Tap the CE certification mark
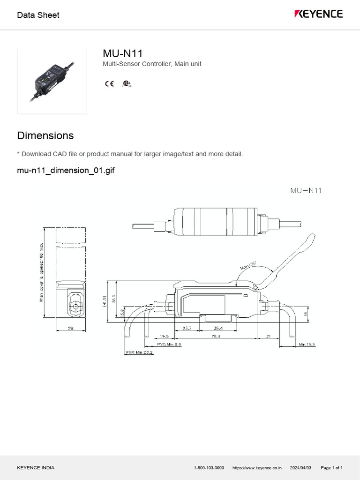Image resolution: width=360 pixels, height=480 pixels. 109,84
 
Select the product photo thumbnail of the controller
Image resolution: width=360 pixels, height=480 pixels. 52,81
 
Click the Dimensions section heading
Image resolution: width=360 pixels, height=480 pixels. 45,135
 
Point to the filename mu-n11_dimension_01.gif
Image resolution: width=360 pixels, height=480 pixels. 66,170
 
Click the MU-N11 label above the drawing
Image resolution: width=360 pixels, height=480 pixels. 306,190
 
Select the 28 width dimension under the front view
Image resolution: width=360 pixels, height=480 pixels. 71,329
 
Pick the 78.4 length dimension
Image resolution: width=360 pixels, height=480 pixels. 216,337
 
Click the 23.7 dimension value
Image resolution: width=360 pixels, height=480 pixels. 187,329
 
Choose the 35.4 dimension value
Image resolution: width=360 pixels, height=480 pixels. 218,329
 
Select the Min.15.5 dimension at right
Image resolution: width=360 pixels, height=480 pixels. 307,345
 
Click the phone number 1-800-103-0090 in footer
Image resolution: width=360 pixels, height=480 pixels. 209,468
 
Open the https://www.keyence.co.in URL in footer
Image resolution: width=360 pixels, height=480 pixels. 257,468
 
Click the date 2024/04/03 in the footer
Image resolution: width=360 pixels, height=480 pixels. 301,468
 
